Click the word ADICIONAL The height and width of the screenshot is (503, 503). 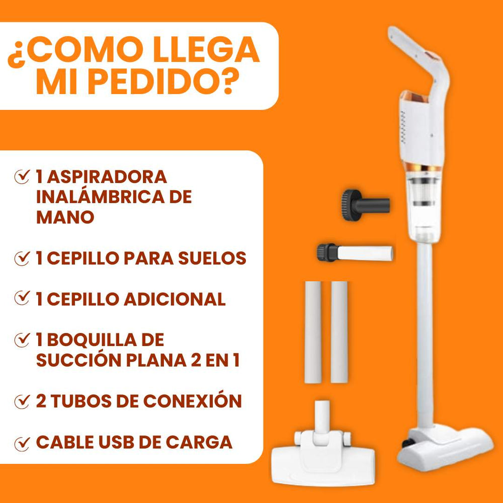tap(174, 299)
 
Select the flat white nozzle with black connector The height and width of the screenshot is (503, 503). tap(355, 252)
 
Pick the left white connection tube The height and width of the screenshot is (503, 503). tap(312, 332)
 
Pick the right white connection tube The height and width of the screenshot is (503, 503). tap(340, 332)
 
